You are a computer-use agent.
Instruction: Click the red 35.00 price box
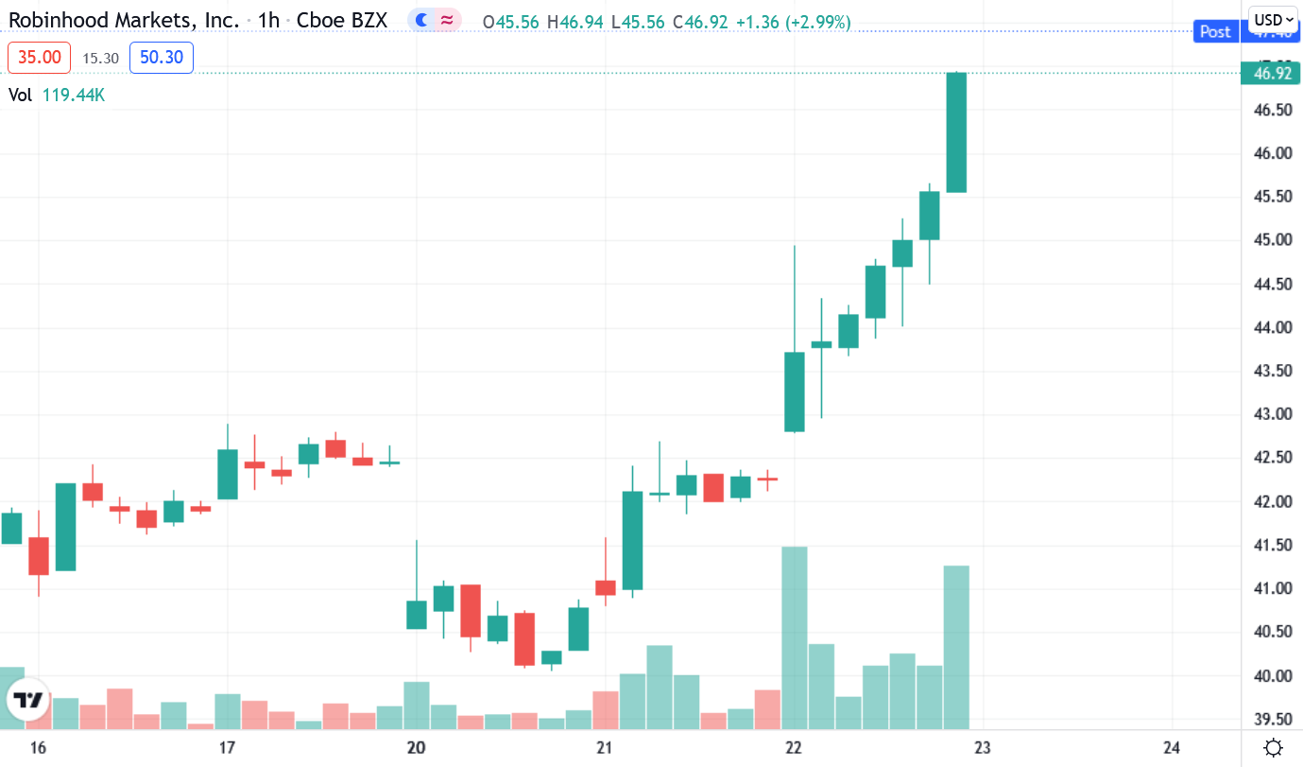[x=40, y=58]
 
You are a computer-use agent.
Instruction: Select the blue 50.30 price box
[x=161, y=58]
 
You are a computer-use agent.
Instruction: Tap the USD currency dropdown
[x=1274, y=20]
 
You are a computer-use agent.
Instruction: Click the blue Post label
[x=1215, y=32]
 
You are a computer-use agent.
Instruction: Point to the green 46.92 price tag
[x=1272, y=73]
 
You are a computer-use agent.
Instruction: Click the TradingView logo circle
[x=29, y=701]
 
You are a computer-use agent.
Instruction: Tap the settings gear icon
[x=1273, y=746]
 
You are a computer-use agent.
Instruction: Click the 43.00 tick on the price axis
[x=1272, y=414]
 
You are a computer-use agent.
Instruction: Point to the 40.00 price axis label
[x=1272, y=675]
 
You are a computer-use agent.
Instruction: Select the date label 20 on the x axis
[x=416, y=747]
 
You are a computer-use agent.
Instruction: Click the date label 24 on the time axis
[x=1172, y=747]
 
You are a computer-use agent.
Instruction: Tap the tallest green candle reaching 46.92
[x=956, y=132]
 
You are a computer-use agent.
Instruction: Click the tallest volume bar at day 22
[x=795, y=637]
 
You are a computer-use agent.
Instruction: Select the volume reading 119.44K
[x=73, y=95]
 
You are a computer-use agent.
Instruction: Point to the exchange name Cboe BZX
[x=342, y=20]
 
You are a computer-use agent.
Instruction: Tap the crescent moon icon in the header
[x=421, y=20]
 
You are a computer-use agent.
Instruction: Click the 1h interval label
[x=268, y=20]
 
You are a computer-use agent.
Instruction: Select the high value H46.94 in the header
[x=575, y=21]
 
